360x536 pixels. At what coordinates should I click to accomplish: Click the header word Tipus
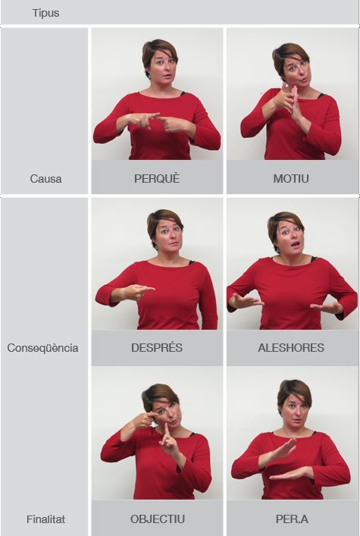coord(45,13)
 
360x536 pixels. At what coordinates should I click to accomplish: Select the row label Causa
coord(45,179)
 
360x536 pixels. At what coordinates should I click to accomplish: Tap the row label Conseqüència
coord(42,348)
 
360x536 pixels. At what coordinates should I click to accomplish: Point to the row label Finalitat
coord(45,519)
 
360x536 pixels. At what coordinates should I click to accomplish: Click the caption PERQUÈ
coord(157,178)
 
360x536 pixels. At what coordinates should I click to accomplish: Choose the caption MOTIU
coord(291,179)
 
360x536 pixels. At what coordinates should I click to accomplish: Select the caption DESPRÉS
coord(157,348)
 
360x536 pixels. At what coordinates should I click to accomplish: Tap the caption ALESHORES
coord(291,348)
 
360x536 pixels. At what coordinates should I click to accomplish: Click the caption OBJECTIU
coord(158,519)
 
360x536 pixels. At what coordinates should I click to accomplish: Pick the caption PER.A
coord(292,519)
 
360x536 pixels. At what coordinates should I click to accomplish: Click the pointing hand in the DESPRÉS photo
coord(138,292)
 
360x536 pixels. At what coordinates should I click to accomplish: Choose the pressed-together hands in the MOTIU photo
coord(288,99)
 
